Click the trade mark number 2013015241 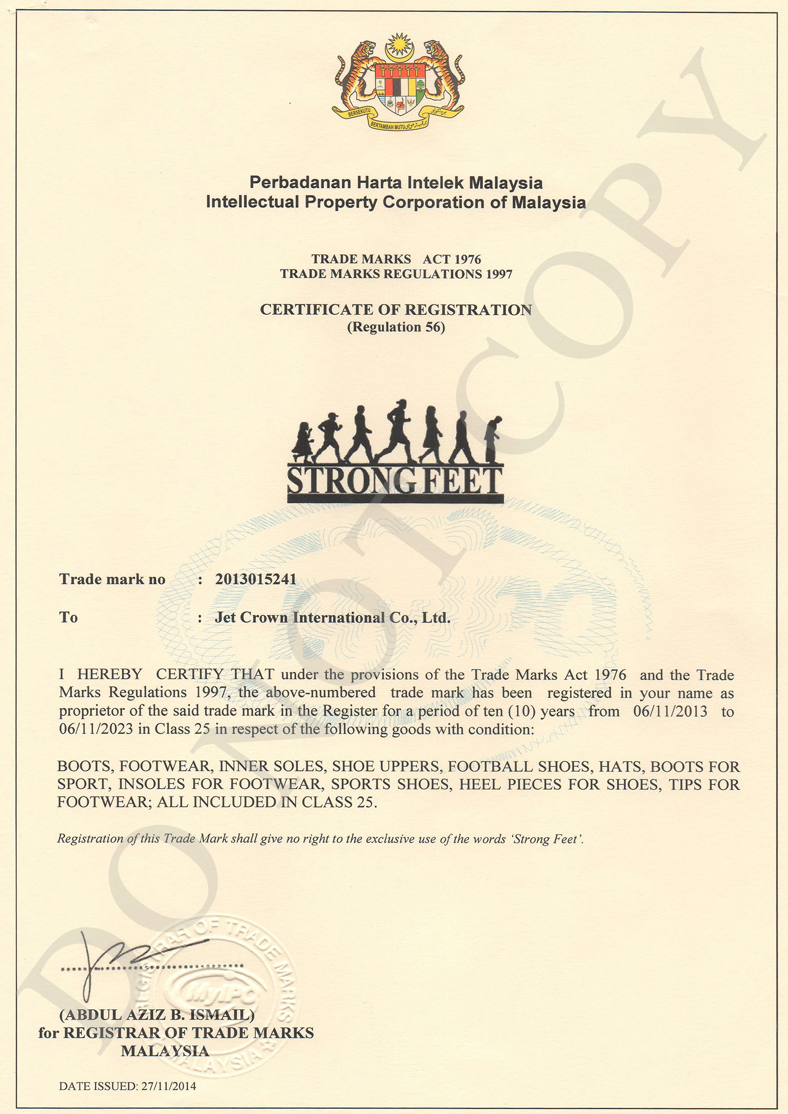click(x=255, y=579)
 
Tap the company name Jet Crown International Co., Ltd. click(x=333, y=618)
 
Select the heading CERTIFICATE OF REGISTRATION click(x=396, y=310)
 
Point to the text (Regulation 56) click(x=396, y=327)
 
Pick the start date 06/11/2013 click(x=670, y=711)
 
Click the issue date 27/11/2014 click(x=169, y=1086)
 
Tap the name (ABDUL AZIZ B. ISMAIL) click(x=157, y=1014)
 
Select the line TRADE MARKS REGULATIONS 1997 click(x=396, y=274)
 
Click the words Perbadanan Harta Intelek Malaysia click(x=396, y=183)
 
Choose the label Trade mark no click(x=112, y=579)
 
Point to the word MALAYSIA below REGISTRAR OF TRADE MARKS click(x=165, y=1051)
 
